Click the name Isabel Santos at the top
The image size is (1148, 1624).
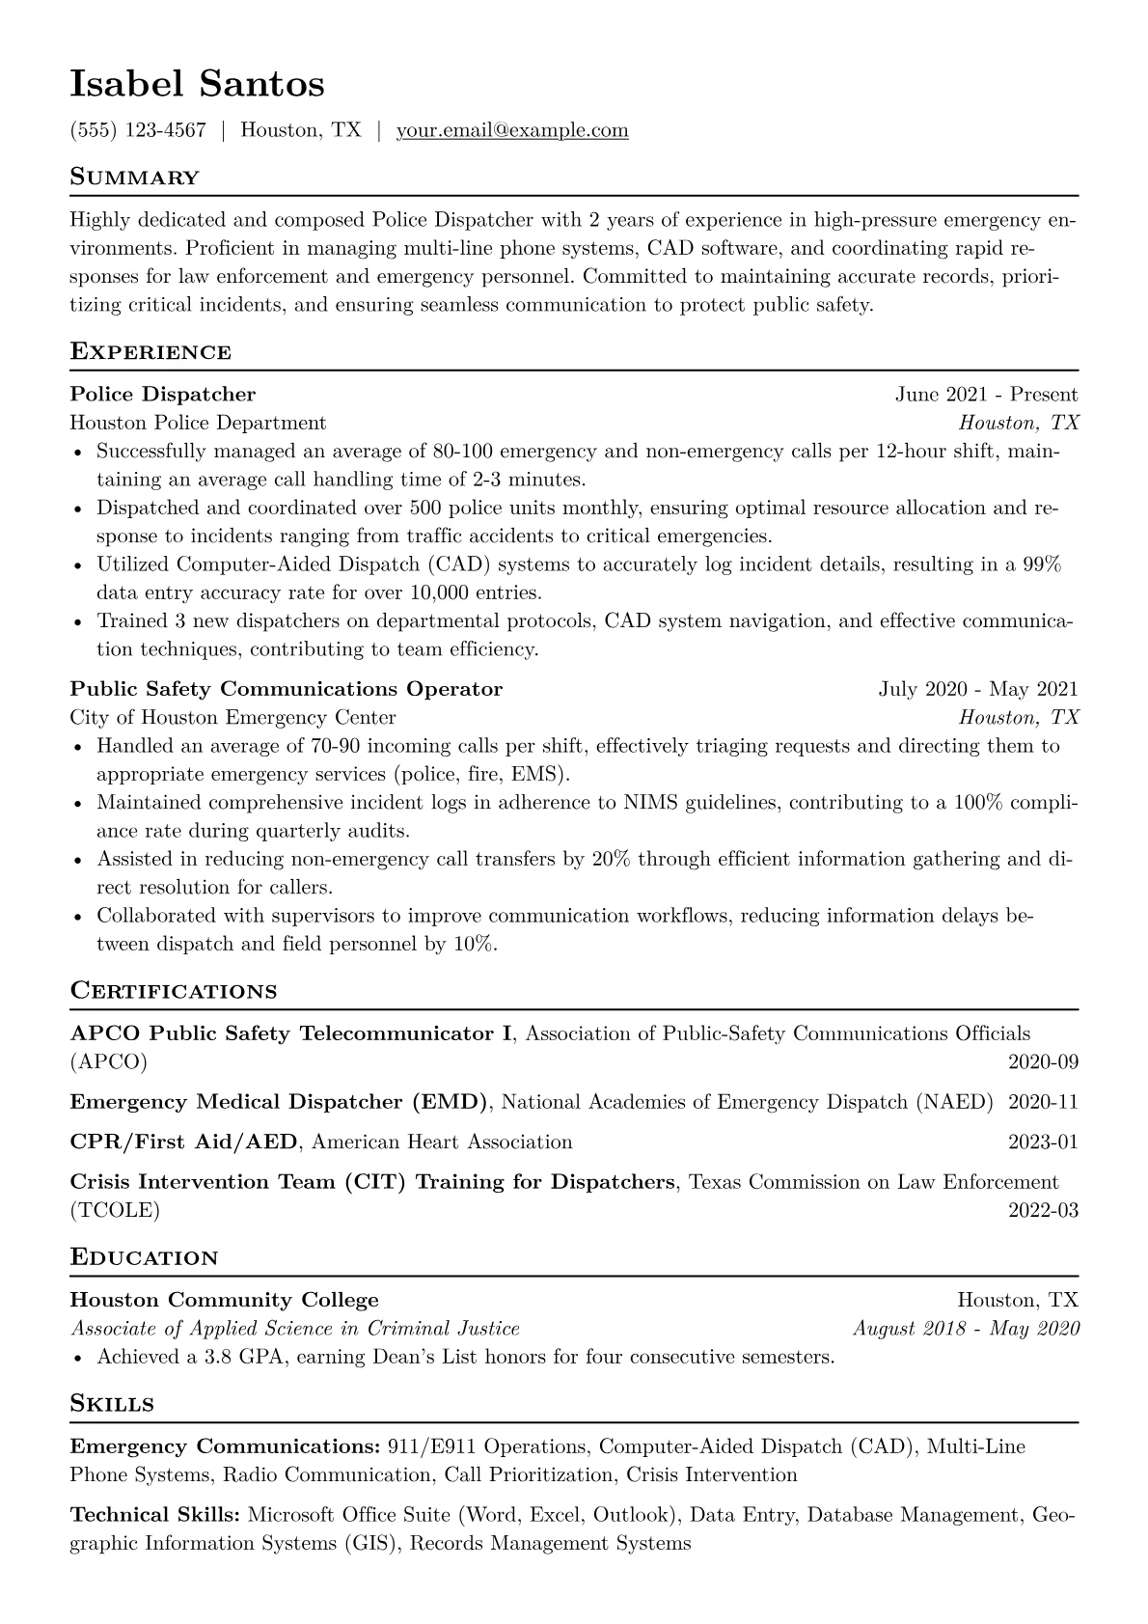pyautogui.click(x=197, y=84)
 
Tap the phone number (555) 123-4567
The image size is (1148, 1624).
pyautogui.click(x=138, y=130)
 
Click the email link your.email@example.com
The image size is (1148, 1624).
pyautogui.click(x=512, y=130)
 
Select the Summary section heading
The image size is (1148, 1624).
pyautogui.click(x=134, y=178)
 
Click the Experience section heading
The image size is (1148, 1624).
pyautogui.click(x=150, y=351)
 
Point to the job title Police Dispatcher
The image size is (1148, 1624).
pyautogui.click(x=163, y=394)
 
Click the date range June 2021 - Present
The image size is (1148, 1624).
pyautogui.click(x=986, y=394)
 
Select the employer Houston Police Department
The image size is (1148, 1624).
pyautogui.click(x=198, y=423)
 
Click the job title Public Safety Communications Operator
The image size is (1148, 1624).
pyautogui.click(x=287, y=689)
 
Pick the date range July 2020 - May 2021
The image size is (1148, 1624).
pyautogui.click(x=978, y=689)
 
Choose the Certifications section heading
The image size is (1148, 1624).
pyautogui.click(x=174, y=991)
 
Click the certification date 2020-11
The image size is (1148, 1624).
pyautogui.click(x=1043, y=1102)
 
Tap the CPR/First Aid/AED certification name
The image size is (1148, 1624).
pyautogui.click(x=183, y=1142)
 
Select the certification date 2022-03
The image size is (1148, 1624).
pyautogui.click(x=1043, y=1210)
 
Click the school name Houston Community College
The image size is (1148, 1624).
pyautogui.click(x=225, y=1300)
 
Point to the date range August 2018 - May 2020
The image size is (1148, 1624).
pyautogui.click(x=966, y=1329)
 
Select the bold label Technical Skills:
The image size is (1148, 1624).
pyautogui.click(x=155, y=1515)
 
